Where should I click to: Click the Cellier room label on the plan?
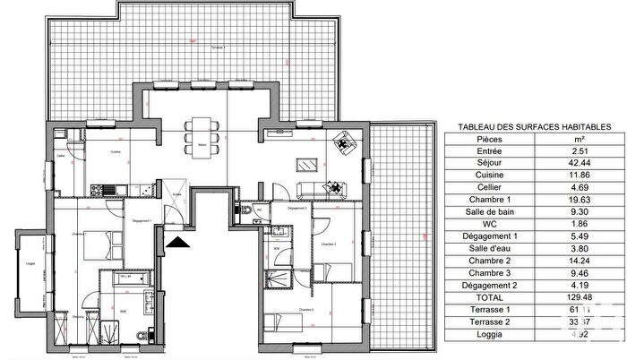pyautogui.click(x=61, y=156)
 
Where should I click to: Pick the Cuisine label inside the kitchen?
pyautogui.click(x=116, y=153)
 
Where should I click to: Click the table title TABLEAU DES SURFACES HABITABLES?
pyautogui.click(x=534, y=128)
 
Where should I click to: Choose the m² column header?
pyautogui.click(x=580, y=141)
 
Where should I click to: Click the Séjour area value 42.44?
pyautogui.click(x=580, y=164)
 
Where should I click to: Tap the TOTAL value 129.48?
pyautogui.click(x=580, y=296)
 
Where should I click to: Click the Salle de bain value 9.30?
pyautogui.click(x=580, y=212)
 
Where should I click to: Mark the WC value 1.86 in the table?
pyautogui.click(x=580, y=224)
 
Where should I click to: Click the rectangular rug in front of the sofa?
pyautogui.click(x=306, y=164)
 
